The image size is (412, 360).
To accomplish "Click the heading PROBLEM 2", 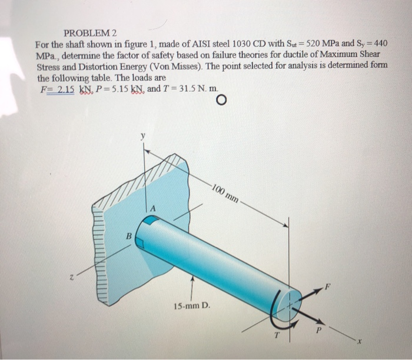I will [x=89, y=33].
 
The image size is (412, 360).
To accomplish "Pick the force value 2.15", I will [x=64, y=88].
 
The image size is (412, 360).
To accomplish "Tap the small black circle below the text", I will [x=221, y=101].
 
